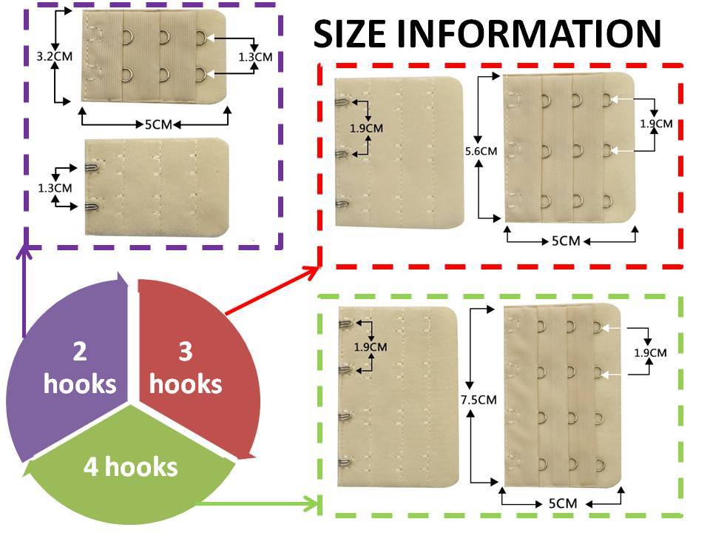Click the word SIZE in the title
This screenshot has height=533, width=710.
click(x=351, y=33)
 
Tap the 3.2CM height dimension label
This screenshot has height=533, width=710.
click(x=54, y=57)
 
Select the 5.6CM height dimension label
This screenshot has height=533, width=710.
click(x=481, y=151)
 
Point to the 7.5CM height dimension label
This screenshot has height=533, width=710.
click(x=479, y=400)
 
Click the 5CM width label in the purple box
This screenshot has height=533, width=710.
click(x=158, y=124)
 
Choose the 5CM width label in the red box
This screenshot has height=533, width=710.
click(x=566, y=241)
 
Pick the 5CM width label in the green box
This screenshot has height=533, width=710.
click(x=563, y=503)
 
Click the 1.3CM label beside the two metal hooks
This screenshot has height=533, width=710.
click(x=55, y=187)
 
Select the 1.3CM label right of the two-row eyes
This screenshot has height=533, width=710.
click(x=255, y=57)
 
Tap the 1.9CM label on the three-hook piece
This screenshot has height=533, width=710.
click(x=366, y=128)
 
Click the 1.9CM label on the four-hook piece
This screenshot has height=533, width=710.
click(x=371, y=347)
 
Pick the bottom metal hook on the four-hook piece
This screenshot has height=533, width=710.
click(x=345, y=462)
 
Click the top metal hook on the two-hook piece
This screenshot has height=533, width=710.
click(x=92, y=167)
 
